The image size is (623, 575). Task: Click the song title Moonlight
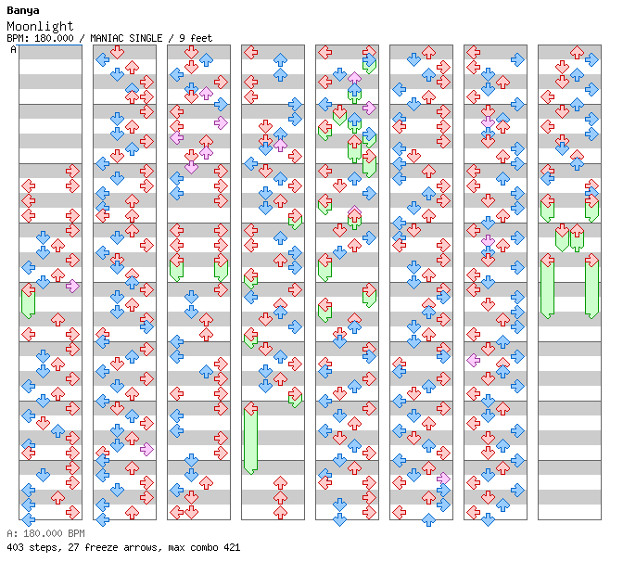[40, 26]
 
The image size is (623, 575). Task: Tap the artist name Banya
[23, 11]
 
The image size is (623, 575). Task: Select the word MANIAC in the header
[107, 38]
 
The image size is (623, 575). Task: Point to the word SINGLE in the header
[145, 38]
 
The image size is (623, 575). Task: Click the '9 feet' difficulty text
[196, 38]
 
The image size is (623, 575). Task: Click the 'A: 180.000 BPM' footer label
[45, 533]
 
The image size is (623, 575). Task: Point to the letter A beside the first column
[14, 50]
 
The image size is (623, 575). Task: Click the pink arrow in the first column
[72, 287]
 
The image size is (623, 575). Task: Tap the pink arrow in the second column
[146, 450]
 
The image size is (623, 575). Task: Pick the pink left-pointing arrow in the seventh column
[473, 361]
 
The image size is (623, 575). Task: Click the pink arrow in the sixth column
[443, 479]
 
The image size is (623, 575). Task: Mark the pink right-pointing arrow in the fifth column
[369, 108]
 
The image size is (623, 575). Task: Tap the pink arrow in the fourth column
[280, 145]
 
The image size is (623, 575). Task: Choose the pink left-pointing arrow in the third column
[176, 138]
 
